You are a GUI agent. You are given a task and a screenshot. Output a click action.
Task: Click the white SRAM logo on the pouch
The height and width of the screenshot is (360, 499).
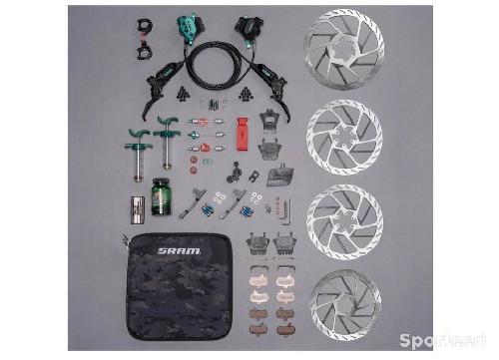179,251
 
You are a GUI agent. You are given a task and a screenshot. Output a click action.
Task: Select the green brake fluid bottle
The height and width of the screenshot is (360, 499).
161,196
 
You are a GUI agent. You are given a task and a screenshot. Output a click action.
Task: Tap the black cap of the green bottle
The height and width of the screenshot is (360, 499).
161,182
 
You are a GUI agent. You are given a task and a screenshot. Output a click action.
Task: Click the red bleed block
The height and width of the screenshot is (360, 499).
243,134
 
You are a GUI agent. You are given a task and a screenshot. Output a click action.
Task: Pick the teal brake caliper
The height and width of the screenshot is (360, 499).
188,28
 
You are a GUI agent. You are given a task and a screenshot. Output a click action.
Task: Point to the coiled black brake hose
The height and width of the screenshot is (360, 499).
218,66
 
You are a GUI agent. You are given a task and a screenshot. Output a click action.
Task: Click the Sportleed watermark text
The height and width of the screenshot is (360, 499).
443,340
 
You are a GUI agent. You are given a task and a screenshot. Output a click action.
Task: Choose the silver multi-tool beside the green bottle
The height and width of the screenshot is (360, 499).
137,209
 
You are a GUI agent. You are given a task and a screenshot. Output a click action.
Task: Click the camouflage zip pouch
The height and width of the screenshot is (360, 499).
178,286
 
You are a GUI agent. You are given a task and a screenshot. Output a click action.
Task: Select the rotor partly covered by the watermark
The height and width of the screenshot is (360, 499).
345,305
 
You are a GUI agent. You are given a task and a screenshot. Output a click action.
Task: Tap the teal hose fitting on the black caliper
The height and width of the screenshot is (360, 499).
249,44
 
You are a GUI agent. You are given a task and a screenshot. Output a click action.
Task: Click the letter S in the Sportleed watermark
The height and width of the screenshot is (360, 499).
406,340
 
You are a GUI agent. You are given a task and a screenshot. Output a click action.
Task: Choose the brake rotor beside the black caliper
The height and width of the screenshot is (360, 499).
344,49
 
